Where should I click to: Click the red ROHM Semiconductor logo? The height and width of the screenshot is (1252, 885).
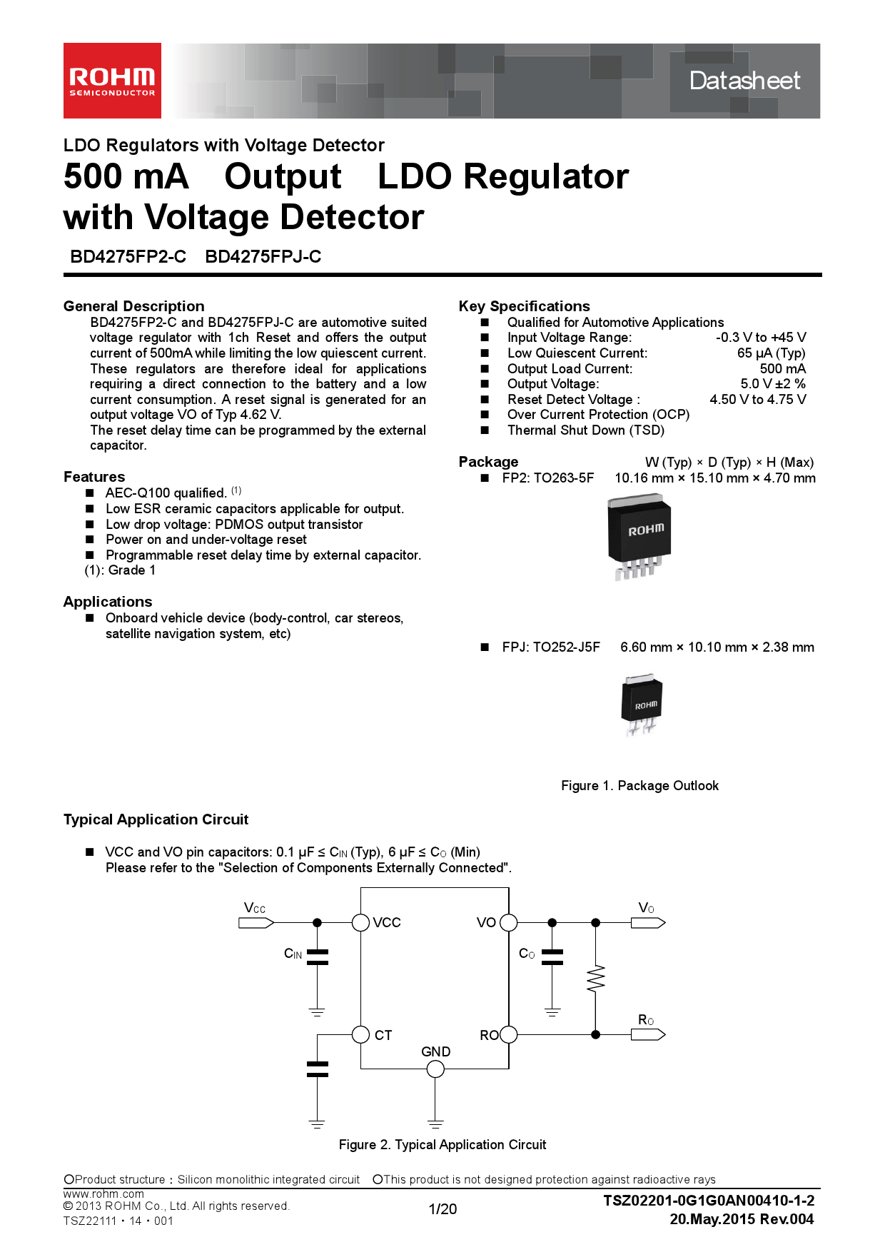(112, 81)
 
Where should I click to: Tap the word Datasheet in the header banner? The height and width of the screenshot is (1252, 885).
(744, 81)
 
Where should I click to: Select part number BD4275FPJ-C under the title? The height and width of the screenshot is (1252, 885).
(263, 257)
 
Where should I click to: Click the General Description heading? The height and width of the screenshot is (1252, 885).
(133, 306)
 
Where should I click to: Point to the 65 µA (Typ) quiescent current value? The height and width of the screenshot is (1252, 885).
(771, 353)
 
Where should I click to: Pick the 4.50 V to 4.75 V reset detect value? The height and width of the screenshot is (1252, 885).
(757, 400)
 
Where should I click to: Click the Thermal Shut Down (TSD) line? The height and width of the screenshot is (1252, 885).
(585, 430)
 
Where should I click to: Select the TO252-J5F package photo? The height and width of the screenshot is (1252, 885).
(641, 703)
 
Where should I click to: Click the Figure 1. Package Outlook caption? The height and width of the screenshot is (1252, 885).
(639, 786)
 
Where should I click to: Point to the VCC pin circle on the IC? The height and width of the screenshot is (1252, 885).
(360, 922)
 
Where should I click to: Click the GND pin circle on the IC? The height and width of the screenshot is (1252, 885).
(435, 1069)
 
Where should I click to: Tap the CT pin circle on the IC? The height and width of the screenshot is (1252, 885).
(360, 1034)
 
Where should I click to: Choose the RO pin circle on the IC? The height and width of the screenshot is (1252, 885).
(508, 1034)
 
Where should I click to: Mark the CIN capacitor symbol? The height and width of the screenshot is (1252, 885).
(317, 957)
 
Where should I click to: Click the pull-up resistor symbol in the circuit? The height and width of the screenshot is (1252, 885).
(595, 979)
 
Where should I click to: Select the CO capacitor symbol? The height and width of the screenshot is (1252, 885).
(552, 957)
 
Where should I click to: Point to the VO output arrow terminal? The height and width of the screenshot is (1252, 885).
(648, 923)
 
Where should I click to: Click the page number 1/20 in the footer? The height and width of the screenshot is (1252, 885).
(442, 1209)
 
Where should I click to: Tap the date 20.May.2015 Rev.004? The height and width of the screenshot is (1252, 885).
(742, 1219)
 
